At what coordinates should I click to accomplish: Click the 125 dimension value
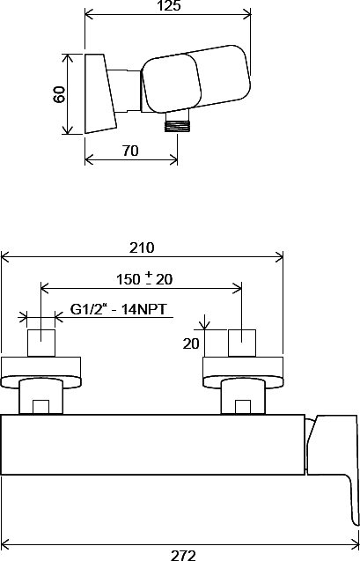[x=169, y=5]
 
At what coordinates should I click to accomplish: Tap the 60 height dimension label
[x=59, y=94]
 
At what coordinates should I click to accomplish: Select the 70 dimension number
[x=130, y=151]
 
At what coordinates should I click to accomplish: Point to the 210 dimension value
[x=142, y=247]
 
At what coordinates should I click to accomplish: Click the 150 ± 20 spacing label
[x=144, y=279]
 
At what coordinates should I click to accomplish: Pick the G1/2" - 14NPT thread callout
[x=118, y=309]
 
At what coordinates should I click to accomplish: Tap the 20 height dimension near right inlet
[x=191, y=343]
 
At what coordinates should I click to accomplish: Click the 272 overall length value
[x=183, y=556]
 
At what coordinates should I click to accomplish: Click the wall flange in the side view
[x=100, y=93]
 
